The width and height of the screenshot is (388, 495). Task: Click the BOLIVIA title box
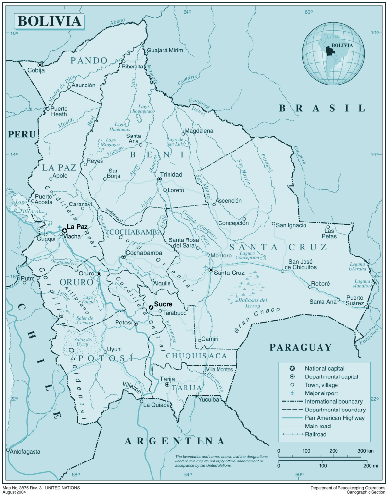pyautogui.click(x=49, y=21)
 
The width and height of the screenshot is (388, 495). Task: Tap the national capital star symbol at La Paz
pyautogui.click(x=64, y=231)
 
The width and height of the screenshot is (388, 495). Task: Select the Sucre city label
pyautogui.click(x=163, y=304)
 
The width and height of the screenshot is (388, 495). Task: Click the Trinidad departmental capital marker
pyautogui.click(x=159, y=179)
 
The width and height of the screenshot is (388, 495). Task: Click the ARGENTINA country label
pyautogui.click(x=175, y=441)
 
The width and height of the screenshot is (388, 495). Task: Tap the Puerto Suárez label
pyautogui.click(x=354, y=301)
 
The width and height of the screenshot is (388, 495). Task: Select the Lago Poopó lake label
pyautogui.click(x=88, y=299)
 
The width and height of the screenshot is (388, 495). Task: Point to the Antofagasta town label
pyautogui.click(x=25, y=451)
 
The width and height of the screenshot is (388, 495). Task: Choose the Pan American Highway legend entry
pyautogui.click(x=335, y=418)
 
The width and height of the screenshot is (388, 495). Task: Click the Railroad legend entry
pyautogui.click(x=316, y=434)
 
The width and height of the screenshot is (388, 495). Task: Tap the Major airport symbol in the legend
pyautogui.click(x=292, y=393)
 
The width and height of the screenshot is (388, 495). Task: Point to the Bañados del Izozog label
pyautogui.click(x=250, y=303)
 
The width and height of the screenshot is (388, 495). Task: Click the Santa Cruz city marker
pyautogui.click(x=211, y=270)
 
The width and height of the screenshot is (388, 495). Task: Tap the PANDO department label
pyautogui.click(x=89, y=60)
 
